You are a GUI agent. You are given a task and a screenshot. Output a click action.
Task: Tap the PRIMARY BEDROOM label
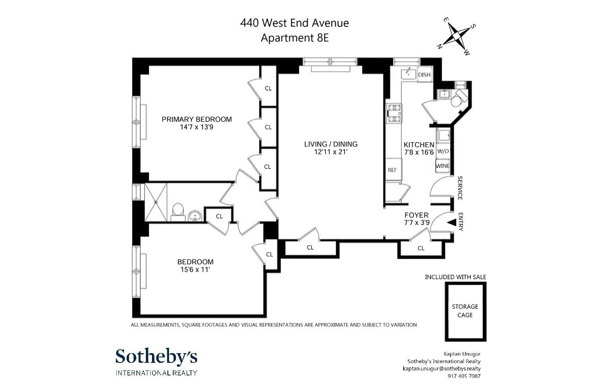pyautogui.click(x=197, y=120)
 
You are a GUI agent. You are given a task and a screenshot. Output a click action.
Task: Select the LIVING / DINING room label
pyautogui.click(x=331, y=144)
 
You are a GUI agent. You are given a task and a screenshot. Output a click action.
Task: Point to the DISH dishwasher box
pyautogui.click(x=424, y=75)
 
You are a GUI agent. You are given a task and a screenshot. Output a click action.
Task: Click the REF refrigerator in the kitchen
pyautogui.click(x=392, y=170)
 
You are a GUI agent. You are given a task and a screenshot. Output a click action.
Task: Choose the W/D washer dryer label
pyautogui.click(x=443, y=151)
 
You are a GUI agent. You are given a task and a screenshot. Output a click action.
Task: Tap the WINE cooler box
pyautogui.click(x=443, y=166)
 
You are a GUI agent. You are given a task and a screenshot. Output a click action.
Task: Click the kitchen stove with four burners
pyautogui.click(x=394, y=113)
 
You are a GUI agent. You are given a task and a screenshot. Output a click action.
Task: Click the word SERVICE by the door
pyautogui.click(x=460, y=188)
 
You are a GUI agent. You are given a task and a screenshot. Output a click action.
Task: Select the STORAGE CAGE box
pyautogui.click(x=465, y=311)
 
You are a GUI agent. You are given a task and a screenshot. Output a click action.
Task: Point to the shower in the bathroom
pyautogui.click(x=156, y=202)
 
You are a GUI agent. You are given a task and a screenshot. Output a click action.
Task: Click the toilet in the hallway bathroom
pyautogui.click(x=178, y=213)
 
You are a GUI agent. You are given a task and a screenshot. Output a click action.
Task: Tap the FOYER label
pyautogui.click(x=417, y=215)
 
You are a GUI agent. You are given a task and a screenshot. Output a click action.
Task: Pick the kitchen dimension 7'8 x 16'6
pyautogui.click(x=419, y=152)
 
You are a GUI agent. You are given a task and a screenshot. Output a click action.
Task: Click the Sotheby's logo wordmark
pyautogui.click(x=156, y=356)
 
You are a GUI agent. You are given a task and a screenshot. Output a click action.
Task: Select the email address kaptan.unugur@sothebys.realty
pyautogui.click(x=441, y=368)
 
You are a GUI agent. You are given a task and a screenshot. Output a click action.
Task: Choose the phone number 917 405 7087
pyautogui.click(x=464, y=376)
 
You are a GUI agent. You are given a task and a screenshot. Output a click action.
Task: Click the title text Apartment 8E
pyautogui.click(x=294, y=38)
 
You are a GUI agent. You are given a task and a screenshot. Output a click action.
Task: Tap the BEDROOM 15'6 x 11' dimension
pyautogui.click(x=195, y=270)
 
